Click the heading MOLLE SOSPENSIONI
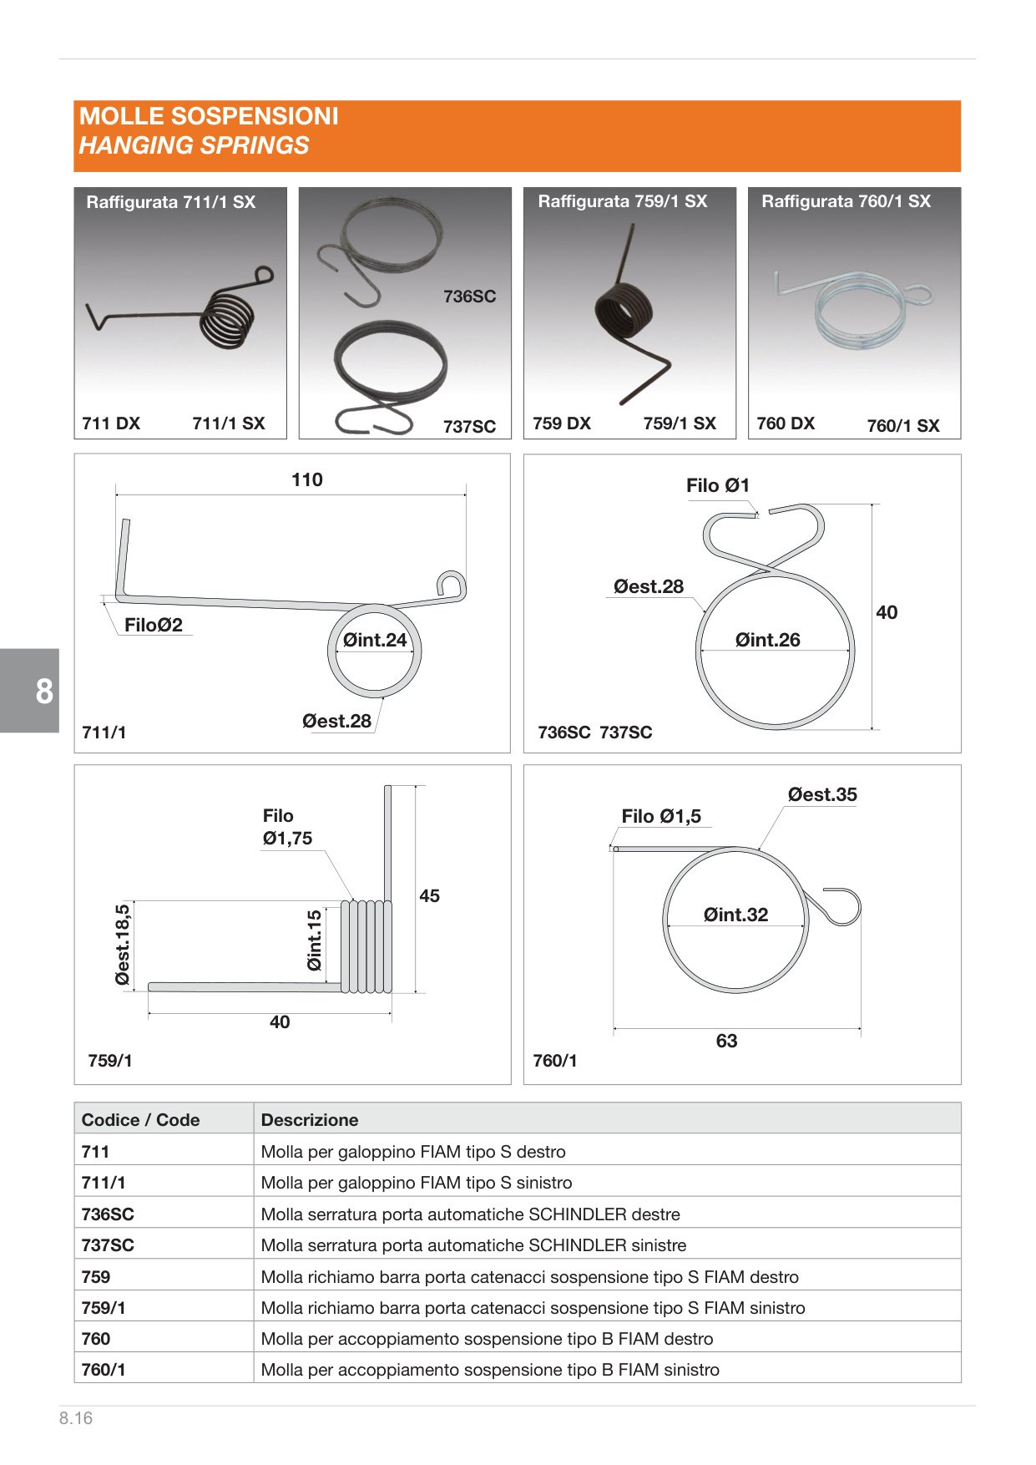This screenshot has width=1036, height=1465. click(x=209, y=116)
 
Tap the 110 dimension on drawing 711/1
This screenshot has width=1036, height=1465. click(x=307, y=479)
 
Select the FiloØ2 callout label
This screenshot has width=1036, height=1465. click(x=154, y=625)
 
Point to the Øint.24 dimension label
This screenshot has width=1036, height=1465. click(x=375, y=640)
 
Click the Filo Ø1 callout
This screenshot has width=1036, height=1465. click(x=718, y=485)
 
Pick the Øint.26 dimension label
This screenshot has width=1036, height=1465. click(x=767, y=640)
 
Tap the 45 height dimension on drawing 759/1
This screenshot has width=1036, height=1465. click(x=429, y=895)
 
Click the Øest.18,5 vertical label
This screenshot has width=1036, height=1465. click(x=124, y=945)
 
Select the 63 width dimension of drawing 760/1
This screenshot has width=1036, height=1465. click(x=726, y=1041)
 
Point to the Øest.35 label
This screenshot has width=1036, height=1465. click(x=822, y=794)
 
